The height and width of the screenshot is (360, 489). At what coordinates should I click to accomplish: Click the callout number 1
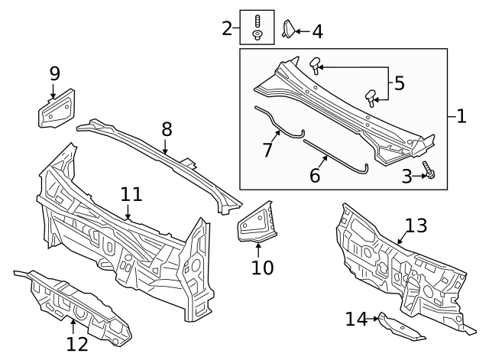pyautogui.click(x=461, y=117)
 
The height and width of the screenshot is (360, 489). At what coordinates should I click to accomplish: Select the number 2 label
pyautogui.click(x=227, y=28)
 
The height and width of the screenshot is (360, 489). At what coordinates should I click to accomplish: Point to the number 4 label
pyautogui.click(x=316, y=31)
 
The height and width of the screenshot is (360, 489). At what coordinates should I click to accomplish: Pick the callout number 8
pyautogui.click(x=167, y=130)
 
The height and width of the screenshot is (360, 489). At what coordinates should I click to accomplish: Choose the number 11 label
pyautogui.click(x=131, y=195)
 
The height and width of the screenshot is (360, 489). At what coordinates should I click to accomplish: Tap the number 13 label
pyautogui.click(x=416, y=225)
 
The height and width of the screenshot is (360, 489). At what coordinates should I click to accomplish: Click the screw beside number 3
pyautogui.click(x=431, y=176)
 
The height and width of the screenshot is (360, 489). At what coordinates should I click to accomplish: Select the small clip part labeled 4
pyautogui.click(x=289, y=29)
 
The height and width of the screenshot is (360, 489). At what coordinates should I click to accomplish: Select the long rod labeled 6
pyautogui.click(x=336, y=153)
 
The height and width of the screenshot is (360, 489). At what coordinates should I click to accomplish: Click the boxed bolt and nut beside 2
pyautogui.click(x=257, y=27)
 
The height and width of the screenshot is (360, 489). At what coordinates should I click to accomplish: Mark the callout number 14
pyautogui.click(x=357, y=319)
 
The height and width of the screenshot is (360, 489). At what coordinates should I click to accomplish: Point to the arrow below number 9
pyautogui.click(x=53, y=92)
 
